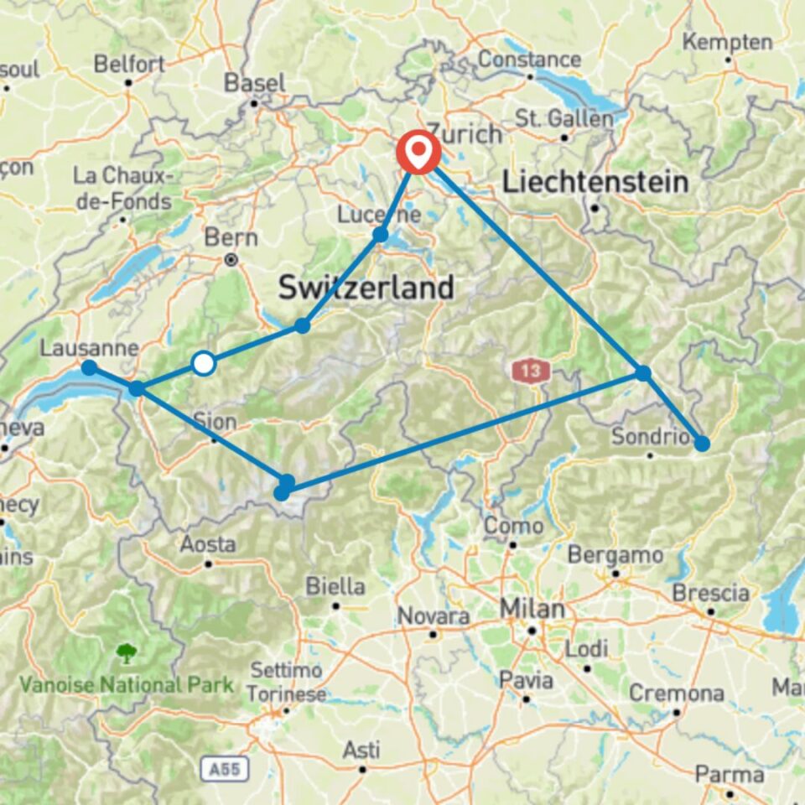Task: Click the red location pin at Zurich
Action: point(418,151)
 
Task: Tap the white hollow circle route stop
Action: point(204,363)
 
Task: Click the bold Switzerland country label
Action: point(366,288)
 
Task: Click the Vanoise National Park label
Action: point(127,684)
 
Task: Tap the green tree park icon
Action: point(127,652)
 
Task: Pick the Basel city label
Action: point(255,83)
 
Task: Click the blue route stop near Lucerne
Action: point(381,235)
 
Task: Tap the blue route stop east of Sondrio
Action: point(701,443)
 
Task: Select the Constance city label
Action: point(529,60)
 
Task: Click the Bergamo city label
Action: point(615,555)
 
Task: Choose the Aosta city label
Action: point(207,544)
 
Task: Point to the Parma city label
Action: point(728,774)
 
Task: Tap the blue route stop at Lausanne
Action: point(88,367)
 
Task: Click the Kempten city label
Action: point(727,41)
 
